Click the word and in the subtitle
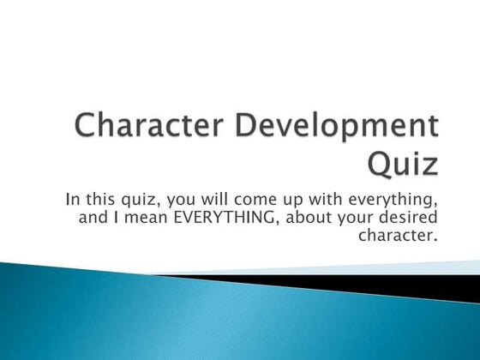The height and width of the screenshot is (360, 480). [93, 217]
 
